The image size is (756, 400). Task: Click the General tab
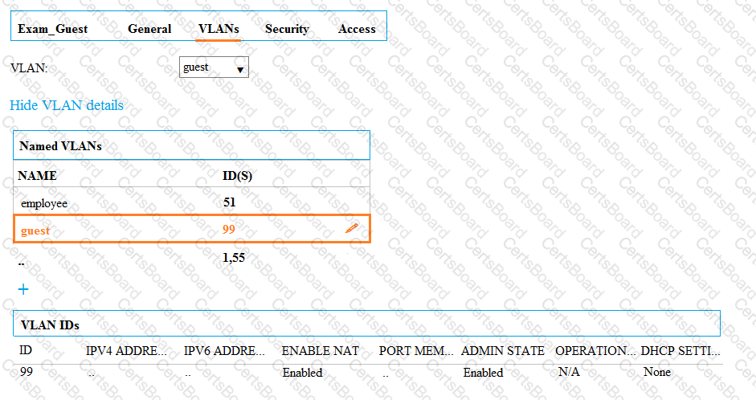click(x=149, y=29)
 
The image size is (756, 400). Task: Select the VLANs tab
click(x=219, y=29)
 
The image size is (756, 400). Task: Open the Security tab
click(x=287, y=29)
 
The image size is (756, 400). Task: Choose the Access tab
click(x=357, y=29)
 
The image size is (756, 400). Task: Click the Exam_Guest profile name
click(x=52, y=29)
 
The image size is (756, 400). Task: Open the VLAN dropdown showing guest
click(x=214, y=67)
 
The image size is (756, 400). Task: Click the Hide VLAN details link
click(x=67, y=105)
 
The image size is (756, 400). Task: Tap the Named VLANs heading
click(x=60, y=146)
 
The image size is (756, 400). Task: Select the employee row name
click(x=44, y=203)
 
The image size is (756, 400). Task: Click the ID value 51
click(x=230, y=202)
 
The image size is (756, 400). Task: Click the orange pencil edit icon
click(x=351, y=228)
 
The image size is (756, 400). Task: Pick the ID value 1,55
click(x=234, y=258)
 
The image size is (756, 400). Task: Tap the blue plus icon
click(x=23, y=289)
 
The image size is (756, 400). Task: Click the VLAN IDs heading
click(x=50, y=325)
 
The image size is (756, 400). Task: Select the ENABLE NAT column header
click(x=320, y=351)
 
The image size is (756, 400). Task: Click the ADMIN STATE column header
click(x=502, y=351)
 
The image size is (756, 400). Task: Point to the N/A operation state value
click(x=569, y=372)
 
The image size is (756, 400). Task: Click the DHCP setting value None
click(x=656, y=372)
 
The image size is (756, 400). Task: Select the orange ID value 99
click(x=229, y=230)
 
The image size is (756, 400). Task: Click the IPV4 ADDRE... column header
click(x=126, y=351)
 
